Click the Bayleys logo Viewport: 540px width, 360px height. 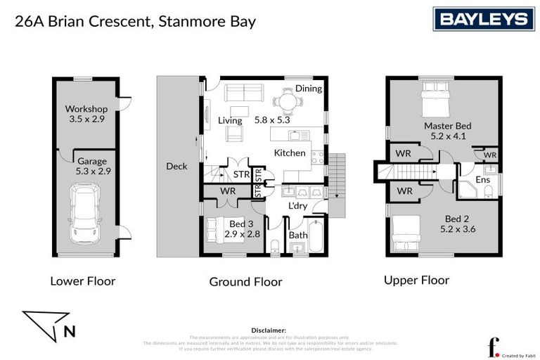(484, 19)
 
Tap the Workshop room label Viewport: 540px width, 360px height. (86, 109)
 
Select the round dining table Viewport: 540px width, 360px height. (288, 103)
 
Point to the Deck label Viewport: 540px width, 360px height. (176, 166)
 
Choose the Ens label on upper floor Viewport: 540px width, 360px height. (482, 180)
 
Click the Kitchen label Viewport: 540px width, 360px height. (289, 153)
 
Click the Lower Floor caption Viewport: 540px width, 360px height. (82, 281)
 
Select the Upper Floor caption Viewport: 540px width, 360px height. (416, 280)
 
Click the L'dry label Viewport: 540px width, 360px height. (300, 206)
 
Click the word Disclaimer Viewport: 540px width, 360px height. (269, 330)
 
